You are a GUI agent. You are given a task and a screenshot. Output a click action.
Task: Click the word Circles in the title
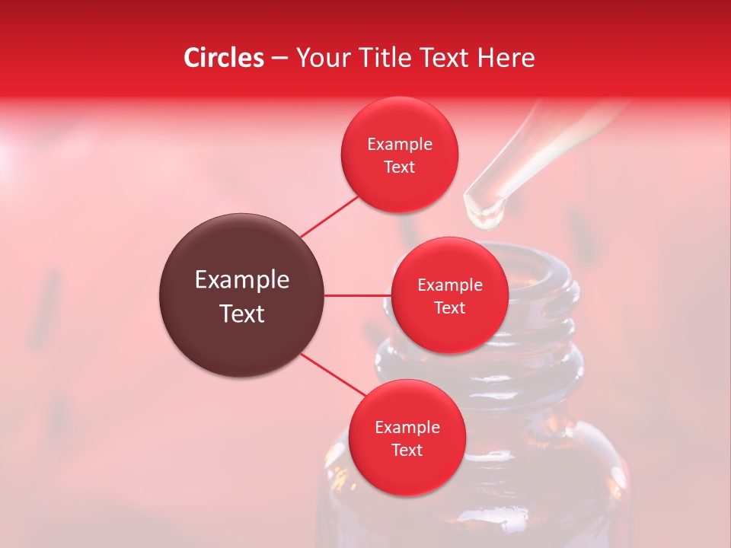tap(223, 58)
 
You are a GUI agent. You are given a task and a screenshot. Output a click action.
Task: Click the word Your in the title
tap(322, 58)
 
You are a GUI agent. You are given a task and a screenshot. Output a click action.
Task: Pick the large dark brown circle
tap(241, 295)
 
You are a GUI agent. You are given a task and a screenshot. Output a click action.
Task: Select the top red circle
tap(399, 155)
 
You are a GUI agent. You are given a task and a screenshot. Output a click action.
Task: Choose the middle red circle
tap(449, 295)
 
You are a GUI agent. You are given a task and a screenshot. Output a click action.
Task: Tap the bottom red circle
tap(407, 438)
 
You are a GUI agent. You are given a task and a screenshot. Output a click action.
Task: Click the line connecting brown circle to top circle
tap(329, 216)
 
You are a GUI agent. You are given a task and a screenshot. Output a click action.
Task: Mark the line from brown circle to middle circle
tap(358, 295)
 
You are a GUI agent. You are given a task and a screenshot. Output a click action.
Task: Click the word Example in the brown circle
tap(241, 280)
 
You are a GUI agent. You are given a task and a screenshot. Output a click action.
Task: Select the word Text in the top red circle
tap(399, 167)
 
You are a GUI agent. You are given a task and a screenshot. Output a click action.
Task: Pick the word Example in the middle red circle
tap(449, 285)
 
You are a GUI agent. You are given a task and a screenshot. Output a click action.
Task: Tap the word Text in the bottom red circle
tap(407, 450)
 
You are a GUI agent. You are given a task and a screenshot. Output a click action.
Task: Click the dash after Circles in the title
tap(279, 58)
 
